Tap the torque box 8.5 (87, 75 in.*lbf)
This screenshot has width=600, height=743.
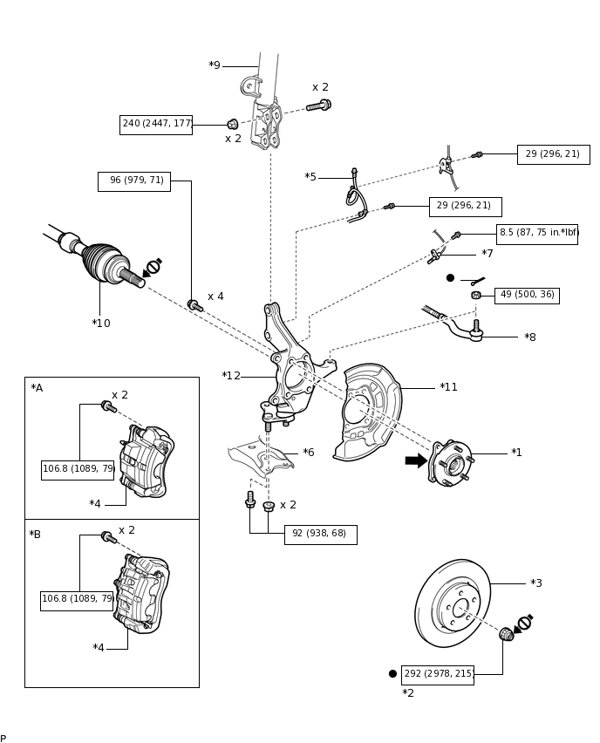click(x=537, y=234)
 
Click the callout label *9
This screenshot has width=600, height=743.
click(x=215, y=65)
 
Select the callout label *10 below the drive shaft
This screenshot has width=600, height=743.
click(x=101, y=324)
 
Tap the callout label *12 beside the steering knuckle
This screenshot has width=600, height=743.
click(x=231, y=376)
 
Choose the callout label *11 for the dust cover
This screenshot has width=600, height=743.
click(x=448, y=387)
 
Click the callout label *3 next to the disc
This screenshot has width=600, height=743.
click(x=536, y=583)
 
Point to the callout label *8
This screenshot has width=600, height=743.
click(x=530, y=337)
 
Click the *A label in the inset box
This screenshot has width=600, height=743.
click(x=37, y=388)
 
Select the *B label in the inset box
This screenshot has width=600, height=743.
click(x=35, y=535)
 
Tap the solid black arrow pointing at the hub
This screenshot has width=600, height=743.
click(x=416, y=460)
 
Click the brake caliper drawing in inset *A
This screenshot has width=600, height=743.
click(x=147, y=461)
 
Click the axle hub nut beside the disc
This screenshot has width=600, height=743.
click(x=506, y=634)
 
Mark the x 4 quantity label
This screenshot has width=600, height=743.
click(x=215, y=297)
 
